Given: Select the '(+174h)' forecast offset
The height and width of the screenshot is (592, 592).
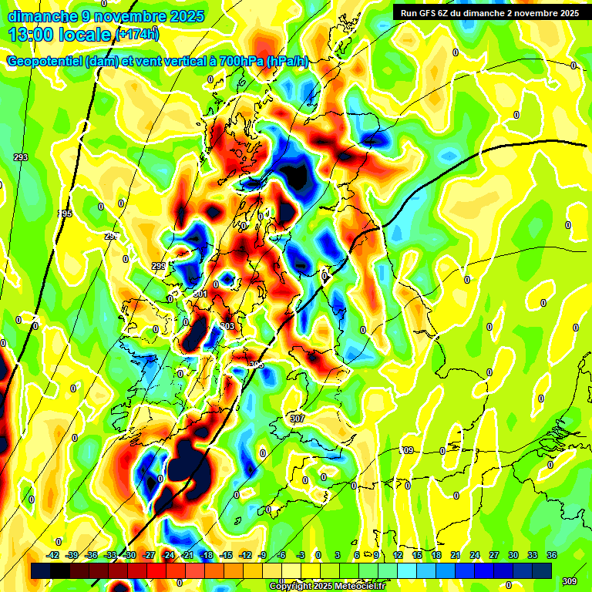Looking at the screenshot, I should point(137,34).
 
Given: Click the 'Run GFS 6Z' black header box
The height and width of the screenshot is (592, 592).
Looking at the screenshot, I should point(489,12).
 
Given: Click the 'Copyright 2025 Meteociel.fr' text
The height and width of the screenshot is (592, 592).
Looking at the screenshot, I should point(327,586).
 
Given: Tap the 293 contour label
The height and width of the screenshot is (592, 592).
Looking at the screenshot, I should point(21,157).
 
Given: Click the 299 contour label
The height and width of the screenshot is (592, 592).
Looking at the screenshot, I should point(158,266).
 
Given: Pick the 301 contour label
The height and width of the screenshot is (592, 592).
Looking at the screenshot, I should point(200,294).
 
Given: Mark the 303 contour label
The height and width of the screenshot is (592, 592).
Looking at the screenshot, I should point(227,326).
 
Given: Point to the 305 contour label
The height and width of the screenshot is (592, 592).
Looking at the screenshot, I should point(257,365).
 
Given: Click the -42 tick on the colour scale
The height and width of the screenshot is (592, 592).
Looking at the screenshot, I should point(53,555).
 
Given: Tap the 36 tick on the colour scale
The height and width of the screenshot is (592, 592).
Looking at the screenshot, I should point(551,555).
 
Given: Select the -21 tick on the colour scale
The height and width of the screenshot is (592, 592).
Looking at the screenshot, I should point(187,555).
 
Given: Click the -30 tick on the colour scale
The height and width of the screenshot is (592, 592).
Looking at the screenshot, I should point(130,555).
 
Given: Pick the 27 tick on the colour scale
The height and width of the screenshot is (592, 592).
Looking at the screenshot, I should point(494,555).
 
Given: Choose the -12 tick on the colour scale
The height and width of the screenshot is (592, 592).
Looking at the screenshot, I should point(244,555).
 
